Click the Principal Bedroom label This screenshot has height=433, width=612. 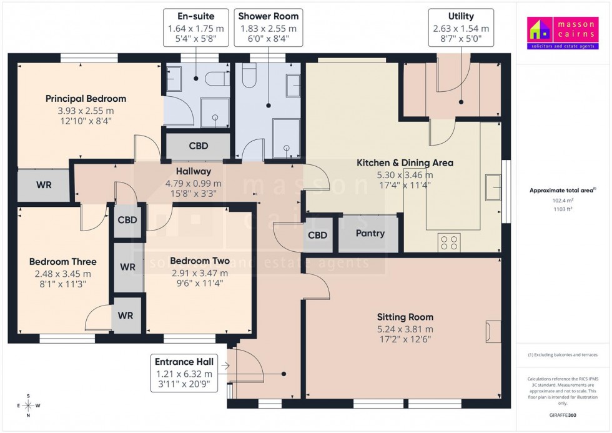[86, 99]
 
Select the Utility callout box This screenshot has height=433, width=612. [461, 29]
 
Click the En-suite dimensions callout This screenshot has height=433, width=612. [195, 29]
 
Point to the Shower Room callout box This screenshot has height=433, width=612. [269, 29]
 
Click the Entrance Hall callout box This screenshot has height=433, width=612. [184, 374]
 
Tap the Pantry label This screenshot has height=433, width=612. [370, 234]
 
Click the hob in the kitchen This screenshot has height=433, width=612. [450, 242]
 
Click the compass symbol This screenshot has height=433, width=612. [28, 406]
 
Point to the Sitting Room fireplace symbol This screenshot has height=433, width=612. [493, 331]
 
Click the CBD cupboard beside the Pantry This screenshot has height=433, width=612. [318, 236]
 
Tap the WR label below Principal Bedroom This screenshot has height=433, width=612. [44, 186]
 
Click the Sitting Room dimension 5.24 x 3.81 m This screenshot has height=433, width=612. [405, 329]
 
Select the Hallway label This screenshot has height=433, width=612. [193, 171]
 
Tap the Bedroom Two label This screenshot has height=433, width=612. [199, 261]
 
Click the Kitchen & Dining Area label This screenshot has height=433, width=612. [405, 163]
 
